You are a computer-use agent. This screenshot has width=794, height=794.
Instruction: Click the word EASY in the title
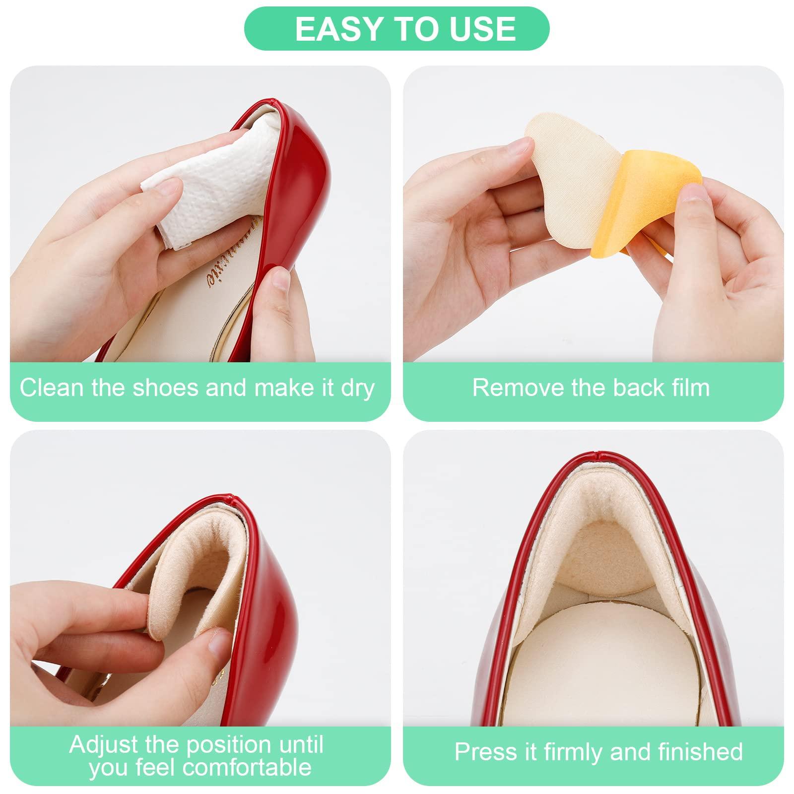coord(331,29)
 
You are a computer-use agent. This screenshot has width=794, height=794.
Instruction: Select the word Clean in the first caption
coord(51,388)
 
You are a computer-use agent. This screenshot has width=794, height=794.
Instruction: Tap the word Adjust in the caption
coord(103,744)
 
